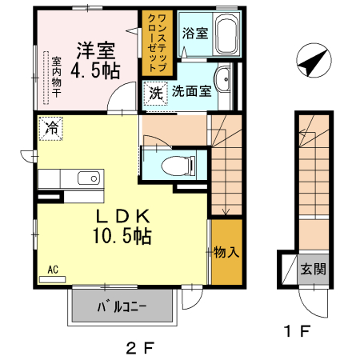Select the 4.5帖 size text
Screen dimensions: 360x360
(x=96, y=71)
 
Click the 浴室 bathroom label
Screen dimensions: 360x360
(x=194, y=34)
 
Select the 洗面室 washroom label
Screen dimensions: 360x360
(x=192, y=91)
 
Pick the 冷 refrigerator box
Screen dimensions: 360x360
(x=50, y=127)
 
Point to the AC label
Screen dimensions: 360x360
(x=53, y=270)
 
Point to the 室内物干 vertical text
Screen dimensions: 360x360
(x=57, y=75)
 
